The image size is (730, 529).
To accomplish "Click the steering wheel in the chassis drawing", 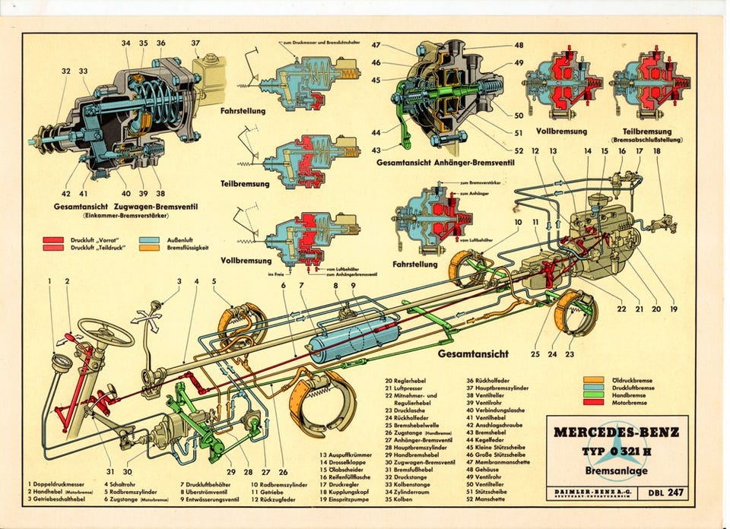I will (106, 332).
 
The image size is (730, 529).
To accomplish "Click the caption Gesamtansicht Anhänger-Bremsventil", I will (438, 161).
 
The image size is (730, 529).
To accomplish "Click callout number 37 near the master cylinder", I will (195, 43).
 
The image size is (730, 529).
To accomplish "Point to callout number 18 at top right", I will (656, 151).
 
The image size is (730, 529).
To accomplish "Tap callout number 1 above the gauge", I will (49, 281).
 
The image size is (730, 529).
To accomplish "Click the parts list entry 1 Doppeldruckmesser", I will (57, 483).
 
